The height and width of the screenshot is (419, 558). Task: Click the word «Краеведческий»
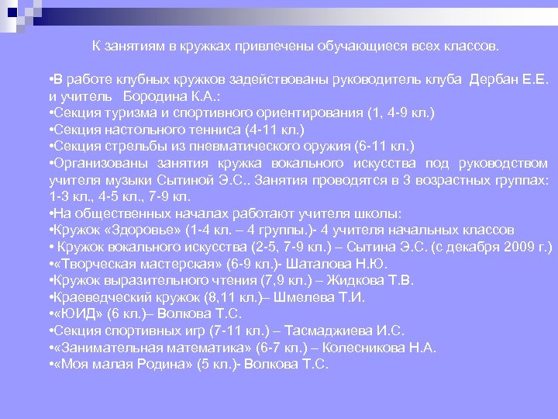click(x=92, y=296)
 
